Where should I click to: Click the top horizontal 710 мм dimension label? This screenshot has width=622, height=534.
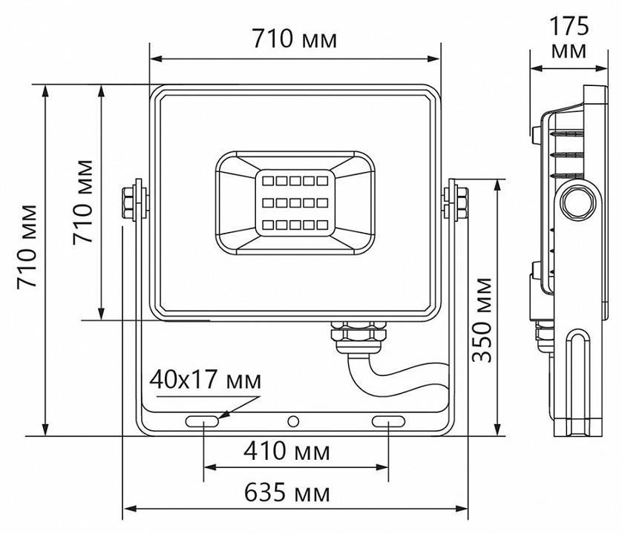click(x=294, y=39)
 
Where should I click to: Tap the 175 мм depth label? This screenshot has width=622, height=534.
click(x=569, y=38)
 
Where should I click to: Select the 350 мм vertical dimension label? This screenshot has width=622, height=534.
click(x=483, y=318)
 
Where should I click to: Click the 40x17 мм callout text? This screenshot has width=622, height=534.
click(x=205, y=380)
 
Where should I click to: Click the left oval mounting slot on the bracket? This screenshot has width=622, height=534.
click(x=203, y=421)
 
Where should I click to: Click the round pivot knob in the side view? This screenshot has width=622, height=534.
click(x=577, y=200)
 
